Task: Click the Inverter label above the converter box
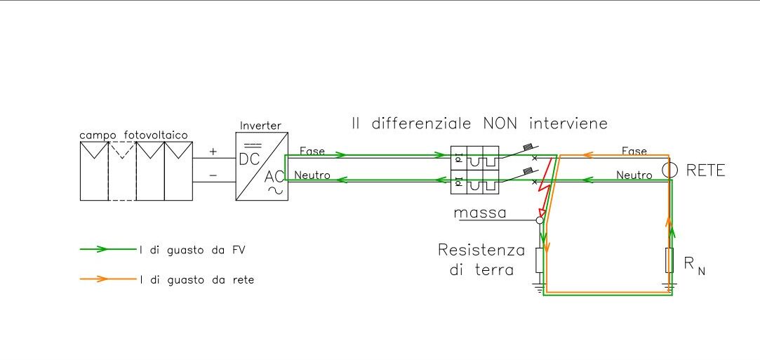[x=260, y=126]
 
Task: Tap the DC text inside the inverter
[x=250, y=159]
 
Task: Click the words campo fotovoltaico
[x=134, y=134]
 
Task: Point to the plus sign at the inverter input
[x=213, y=152]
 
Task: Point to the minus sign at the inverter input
[x=213, y=176]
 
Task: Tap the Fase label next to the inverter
[x=312, y=151]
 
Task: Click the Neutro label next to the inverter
[x=313, y=175]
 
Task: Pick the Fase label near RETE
[x=634, y=151]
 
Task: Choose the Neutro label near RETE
[x=634, y=175]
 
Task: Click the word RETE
[x=705, y=171]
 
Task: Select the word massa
[x=480, y=213]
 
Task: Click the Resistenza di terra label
[x=481, y=259]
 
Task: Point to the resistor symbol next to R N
[x=669, y=260]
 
